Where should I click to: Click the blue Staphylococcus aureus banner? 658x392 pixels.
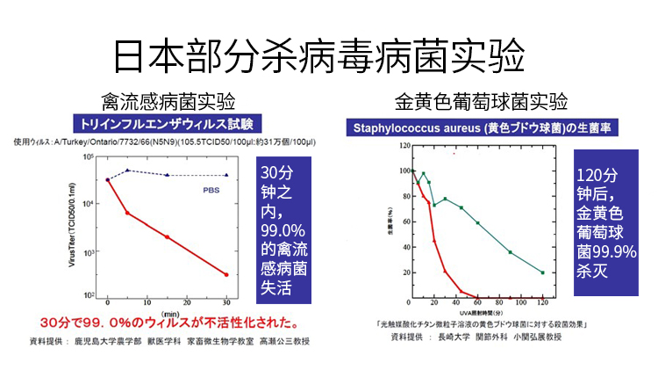point(483,128)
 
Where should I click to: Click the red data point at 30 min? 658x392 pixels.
point(226,274)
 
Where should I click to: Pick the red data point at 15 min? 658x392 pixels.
point(167,237)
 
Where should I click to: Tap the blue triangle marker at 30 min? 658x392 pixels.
point(226,175)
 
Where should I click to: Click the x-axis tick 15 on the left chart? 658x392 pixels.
point(167,301)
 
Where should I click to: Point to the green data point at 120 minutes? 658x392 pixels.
point(543,272)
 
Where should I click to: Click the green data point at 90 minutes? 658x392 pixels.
point(511,252)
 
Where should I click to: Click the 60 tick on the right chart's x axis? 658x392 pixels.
point(477,305)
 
